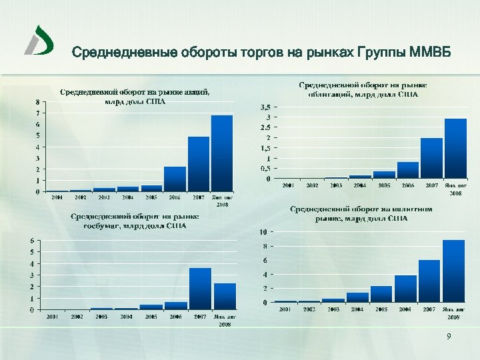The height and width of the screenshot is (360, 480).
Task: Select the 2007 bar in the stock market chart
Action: [199, 164]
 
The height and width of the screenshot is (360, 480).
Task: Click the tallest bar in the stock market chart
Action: [222, 153]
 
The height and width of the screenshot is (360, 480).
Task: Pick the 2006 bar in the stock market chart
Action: [175, 179]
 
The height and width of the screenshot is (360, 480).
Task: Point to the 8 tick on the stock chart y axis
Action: [37, 102]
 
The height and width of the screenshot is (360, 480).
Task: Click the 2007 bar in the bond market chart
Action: [431, 158]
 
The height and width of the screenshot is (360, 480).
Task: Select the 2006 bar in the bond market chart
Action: [408, 170]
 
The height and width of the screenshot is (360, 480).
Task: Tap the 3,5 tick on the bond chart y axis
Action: [265, 107]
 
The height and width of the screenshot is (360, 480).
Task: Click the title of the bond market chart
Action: [363, 90]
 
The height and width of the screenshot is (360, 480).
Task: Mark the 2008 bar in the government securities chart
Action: [225, 296]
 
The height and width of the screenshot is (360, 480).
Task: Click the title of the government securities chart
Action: [135, 221]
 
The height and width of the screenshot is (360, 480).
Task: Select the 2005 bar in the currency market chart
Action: [381, 294]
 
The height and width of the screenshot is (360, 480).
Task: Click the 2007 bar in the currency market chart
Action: [429, 281]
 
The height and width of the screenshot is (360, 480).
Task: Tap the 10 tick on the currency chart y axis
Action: [264, 232]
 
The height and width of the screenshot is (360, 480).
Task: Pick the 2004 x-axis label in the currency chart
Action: [357, 309]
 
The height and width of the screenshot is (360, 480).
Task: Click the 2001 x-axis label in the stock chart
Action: [57, 197]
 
